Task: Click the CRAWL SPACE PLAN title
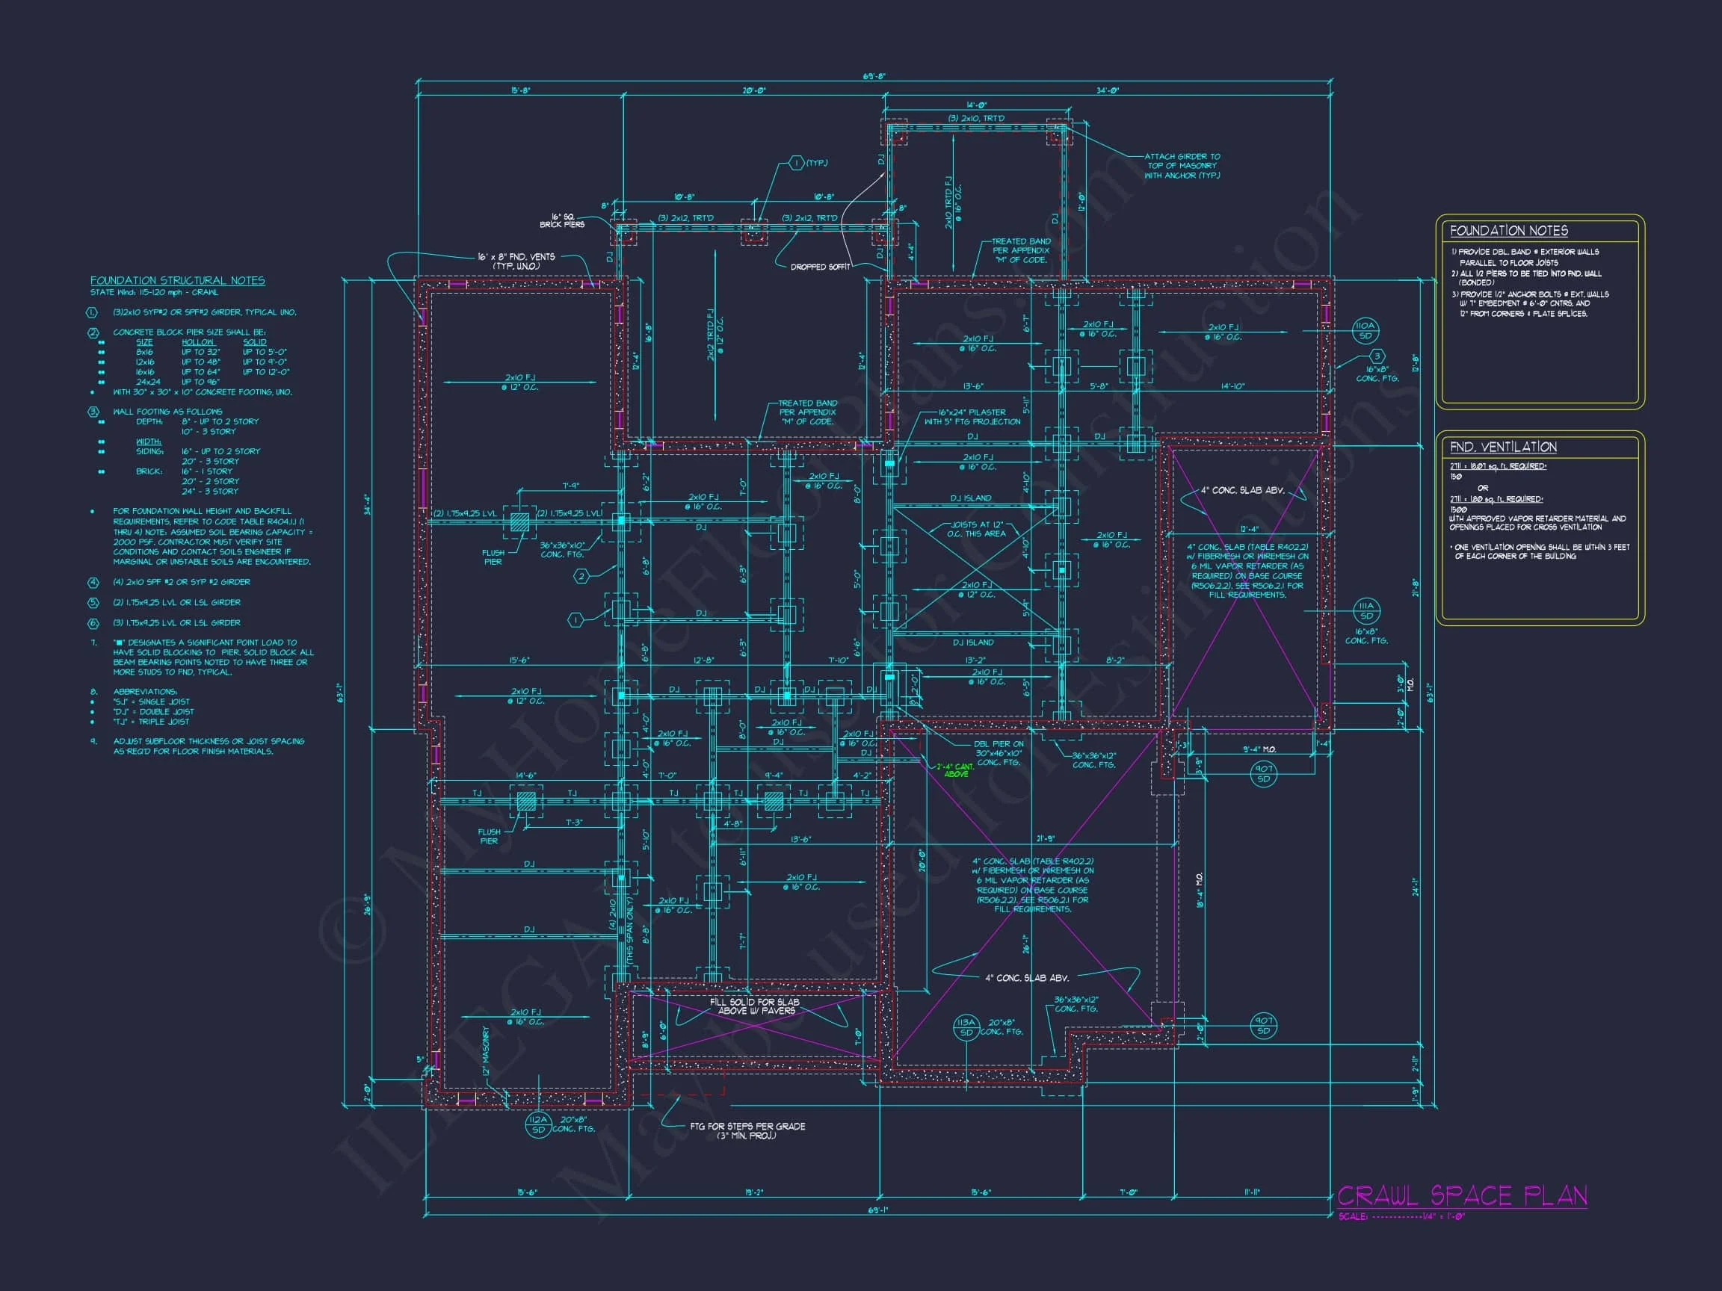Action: (1461, 1195)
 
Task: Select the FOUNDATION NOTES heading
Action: (1508, 231)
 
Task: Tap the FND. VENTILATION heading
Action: (1502, 447)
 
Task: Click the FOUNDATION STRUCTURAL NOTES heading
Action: (177, 280)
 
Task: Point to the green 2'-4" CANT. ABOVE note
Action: (955, 770)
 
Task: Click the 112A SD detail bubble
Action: (538, 1124)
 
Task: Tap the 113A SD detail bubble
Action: (966, 1028)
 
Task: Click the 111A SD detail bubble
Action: (1366, 611)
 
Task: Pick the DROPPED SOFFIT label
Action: (820, 267)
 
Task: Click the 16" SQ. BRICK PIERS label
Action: (562, 220)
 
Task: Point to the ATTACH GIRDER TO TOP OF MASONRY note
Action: (1182, 166)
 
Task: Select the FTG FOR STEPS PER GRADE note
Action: (747, 1130)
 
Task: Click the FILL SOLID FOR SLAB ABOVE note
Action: (754, 1006)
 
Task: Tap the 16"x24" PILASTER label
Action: (972, 417)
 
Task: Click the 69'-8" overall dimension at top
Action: (874, 76)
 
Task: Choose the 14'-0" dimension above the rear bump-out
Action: (976, 105)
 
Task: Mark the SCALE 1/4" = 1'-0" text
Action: (1401, 1216)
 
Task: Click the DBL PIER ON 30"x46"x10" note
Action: (997, 753)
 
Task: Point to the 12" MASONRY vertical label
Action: (486, 1050)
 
